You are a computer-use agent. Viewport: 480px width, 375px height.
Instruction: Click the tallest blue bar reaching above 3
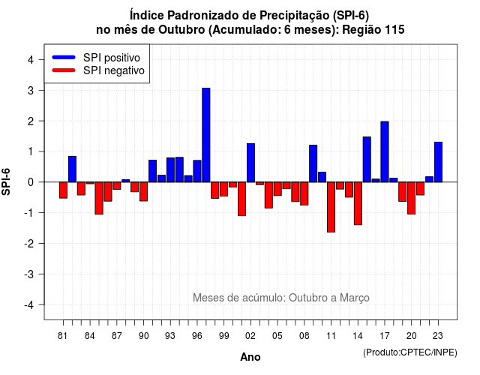206,135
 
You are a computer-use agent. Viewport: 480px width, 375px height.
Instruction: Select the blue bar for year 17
385,151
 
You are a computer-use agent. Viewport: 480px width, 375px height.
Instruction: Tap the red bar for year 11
331,207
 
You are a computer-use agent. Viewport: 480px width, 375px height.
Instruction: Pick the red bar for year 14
358,203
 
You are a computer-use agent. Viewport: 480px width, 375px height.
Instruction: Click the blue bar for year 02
250,163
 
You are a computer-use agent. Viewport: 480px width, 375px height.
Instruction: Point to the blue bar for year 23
438,162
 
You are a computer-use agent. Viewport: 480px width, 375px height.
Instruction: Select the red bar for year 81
63,190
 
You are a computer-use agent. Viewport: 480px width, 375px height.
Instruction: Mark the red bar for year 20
412,198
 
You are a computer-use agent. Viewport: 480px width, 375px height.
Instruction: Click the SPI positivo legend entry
96,57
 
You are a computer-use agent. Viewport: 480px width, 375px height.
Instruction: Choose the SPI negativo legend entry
98,70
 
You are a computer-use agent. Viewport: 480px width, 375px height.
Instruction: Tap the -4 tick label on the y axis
30,305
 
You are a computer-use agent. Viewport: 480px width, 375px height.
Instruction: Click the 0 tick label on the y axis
31,182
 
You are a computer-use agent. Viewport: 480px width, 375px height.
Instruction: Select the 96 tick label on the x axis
197,336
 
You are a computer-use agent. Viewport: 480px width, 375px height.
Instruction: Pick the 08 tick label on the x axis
304,336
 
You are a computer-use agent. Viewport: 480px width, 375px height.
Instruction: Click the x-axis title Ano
250,357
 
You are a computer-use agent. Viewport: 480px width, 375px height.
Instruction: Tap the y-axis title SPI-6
6,181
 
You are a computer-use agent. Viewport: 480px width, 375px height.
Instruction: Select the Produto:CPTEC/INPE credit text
410,352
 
